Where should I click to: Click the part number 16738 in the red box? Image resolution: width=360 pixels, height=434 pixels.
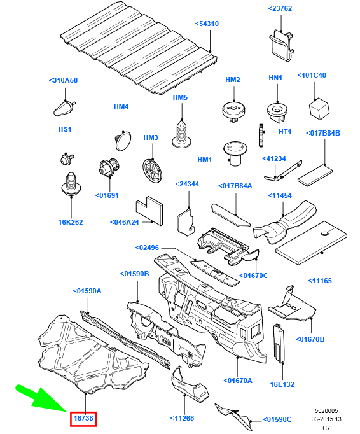(x=83, y=417)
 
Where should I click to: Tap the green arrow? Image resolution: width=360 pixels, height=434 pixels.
(x=42, y=398)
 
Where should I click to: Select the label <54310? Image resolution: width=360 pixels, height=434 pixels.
(x=207, y=24)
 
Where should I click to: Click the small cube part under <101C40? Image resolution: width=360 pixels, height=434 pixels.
(x=319, y=108)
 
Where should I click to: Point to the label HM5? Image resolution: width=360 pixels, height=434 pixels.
(x=180, y=97)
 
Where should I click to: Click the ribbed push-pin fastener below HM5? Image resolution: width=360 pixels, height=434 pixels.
(x=181, y=134)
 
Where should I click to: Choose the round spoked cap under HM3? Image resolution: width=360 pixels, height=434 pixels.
(x=152, y=171)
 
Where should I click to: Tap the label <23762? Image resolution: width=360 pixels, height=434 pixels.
(x=280, y=8)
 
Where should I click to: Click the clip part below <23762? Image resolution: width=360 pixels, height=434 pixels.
(x=281, y=46)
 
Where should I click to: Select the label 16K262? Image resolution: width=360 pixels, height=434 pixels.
(x=71, y=222)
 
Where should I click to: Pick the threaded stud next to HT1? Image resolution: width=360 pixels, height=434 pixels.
(x=260, y=136)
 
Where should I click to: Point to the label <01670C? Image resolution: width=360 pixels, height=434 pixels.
(x=254, y=276)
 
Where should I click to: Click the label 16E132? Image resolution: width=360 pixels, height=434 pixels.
(x=282, y=384)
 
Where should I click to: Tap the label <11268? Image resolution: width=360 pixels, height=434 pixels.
(x=182, y=418)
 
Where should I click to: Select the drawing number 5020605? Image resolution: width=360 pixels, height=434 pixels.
(x=326, y=410)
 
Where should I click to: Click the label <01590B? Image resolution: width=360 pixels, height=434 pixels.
(x=134, y=274)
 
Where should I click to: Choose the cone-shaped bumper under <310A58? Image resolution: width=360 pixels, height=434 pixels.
(x=64, y=108)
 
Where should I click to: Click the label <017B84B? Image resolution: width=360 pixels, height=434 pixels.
(x=323, y=133)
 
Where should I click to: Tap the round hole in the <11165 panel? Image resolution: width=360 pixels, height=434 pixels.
(x=326, y=233)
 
